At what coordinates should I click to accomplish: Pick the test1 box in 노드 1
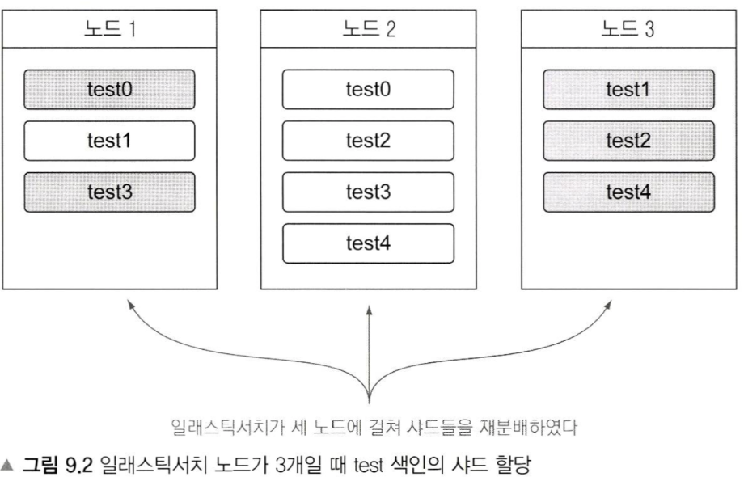[109, 141]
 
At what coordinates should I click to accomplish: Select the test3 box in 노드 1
[109, 192]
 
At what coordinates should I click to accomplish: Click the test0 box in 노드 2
[368, 90]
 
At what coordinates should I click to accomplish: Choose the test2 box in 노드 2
[368, 141]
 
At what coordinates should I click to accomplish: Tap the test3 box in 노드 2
[368, 192]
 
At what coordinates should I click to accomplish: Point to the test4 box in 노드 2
[368, 243]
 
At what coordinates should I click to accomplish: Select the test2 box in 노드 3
[628, 141]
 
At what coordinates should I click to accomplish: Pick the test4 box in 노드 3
[628, 192]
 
